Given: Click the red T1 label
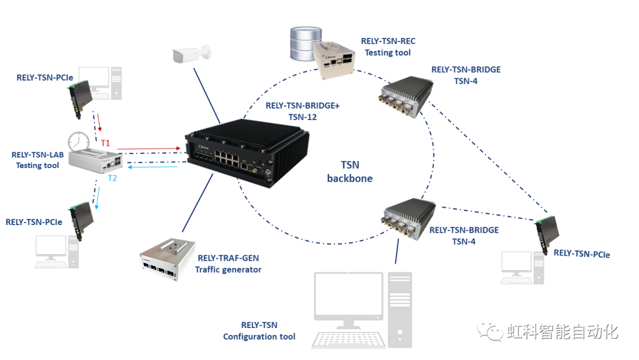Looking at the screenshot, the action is click(105, 143).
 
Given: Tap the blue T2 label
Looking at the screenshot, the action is click(112, 178).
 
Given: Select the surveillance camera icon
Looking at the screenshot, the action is click(192, 54).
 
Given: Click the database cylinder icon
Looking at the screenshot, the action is click(305, 44).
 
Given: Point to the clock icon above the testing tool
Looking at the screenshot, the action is click(79, 142).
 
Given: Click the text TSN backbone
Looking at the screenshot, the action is click(350, 172).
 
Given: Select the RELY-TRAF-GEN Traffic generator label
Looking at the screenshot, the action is click(228, 263).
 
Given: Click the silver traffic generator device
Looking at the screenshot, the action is click(167, 259).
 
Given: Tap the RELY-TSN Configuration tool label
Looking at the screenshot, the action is click(259, 330).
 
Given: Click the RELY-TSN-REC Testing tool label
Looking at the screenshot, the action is click(388, 46).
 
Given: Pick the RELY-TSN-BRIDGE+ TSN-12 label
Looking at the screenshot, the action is click(302, 111).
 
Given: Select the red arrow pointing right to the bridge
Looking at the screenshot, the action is click(149, 149).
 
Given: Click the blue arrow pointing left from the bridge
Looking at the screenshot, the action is click(153, 167).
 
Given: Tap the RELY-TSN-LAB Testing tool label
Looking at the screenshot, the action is click(37, 160).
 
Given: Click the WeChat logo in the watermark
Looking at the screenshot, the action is click(490, 330).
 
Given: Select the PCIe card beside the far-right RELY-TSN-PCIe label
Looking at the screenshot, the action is click(547, 234).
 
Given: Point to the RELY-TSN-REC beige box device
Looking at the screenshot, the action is click(334, 60).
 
